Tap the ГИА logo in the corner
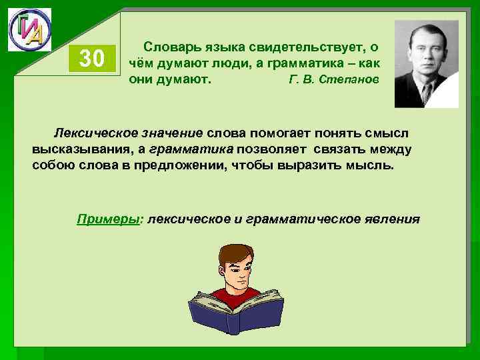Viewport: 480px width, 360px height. pyautogui.click(x=29, y=29)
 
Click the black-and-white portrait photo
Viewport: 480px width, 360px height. pyautogui.click(x=426, y=63)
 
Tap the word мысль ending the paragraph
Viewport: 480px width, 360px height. pyautogui.click(x=375, y=165)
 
